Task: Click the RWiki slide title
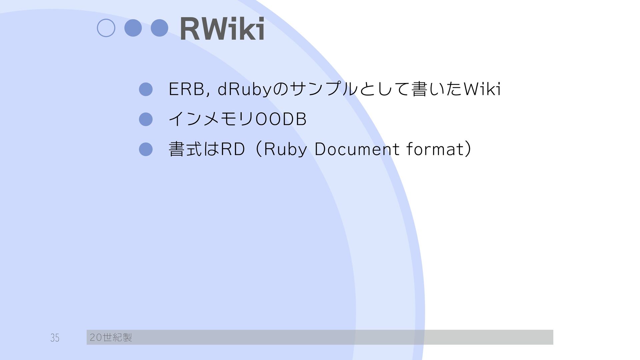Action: pyautogui.click(x=222, y=29)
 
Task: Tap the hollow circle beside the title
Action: pyautogui.click(x=106, y=28)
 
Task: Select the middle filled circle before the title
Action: pyautogui.click(x=133, y=28)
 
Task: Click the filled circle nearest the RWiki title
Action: pyautogui.click(x=159, y=28)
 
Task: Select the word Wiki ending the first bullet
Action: pyautogui.click(x=482, y=89)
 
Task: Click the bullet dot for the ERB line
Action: pyautogui.click(x=146, y=89)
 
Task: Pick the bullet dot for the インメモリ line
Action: pyautogui.click(x=146, y=119)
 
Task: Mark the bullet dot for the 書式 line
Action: pyautogui.click(x=146, y=149)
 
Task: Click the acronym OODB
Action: pyautogui.click(x=281, y=119)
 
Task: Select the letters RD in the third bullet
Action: pyautogui.click(x=233, y=149)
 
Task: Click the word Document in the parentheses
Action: pyautogui.click(x=357, y=149)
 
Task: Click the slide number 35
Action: pyautogui.click(x=55, y=338)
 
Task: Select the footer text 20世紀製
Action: pyautogui.click(x=111, y=338)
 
